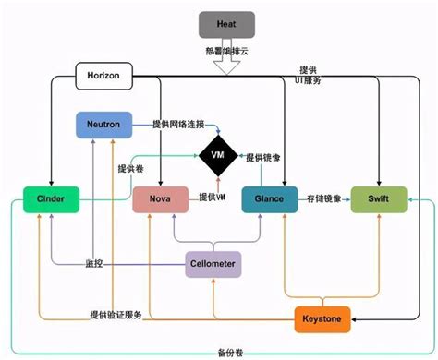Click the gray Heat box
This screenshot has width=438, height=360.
[226, 23]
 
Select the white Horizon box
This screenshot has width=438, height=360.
[103, 74]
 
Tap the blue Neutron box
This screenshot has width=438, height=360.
[103, 126]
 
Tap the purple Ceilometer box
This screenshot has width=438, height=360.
[213, 264]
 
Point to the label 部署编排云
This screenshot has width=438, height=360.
[226, 51]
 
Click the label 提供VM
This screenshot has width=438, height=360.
[213, 197]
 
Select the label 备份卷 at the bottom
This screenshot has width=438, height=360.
[219, 352]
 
